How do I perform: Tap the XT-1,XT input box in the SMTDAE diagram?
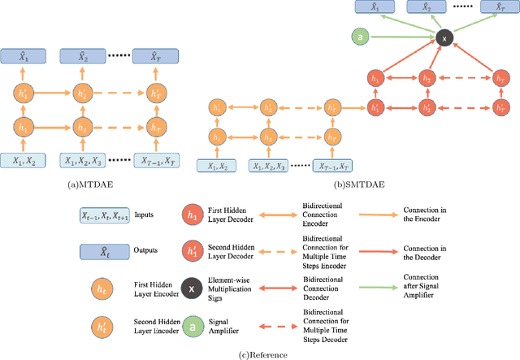pos(331,167)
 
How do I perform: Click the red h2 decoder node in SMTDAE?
pos(426,80)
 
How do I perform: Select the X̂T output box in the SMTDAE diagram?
pos(492,7)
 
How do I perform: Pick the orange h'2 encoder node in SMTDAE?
pos(266,108)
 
